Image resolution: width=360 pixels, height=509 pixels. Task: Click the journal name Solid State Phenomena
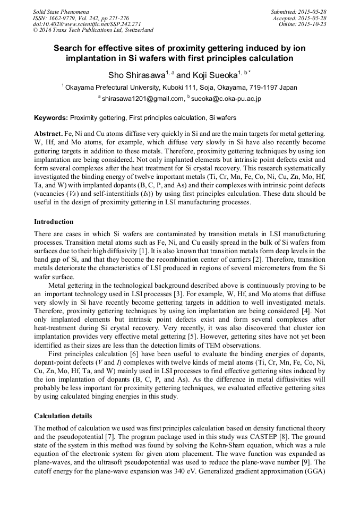pos(61,11)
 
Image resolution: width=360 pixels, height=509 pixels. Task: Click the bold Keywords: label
pos(51,117)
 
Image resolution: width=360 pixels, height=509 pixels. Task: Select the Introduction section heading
pos(54,222)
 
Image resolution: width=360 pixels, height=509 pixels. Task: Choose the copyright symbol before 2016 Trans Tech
pos(35,30)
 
